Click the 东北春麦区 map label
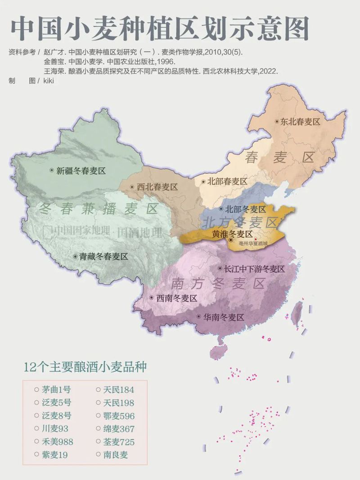(300, 122)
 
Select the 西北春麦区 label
(157, 187)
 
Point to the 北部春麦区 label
(227, 181)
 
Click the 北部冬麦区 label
(245, 209)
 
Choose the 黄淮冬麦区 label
(232, 234)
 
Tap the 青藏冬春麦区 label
(103, 256)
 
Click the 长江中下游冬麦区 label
(254, 269)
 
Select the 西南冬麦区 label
(176, 298)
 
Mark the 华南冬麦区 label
(223, 317)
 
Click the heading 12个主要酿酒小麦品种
(85, 367)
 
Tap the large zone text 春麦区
(279, 158)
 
